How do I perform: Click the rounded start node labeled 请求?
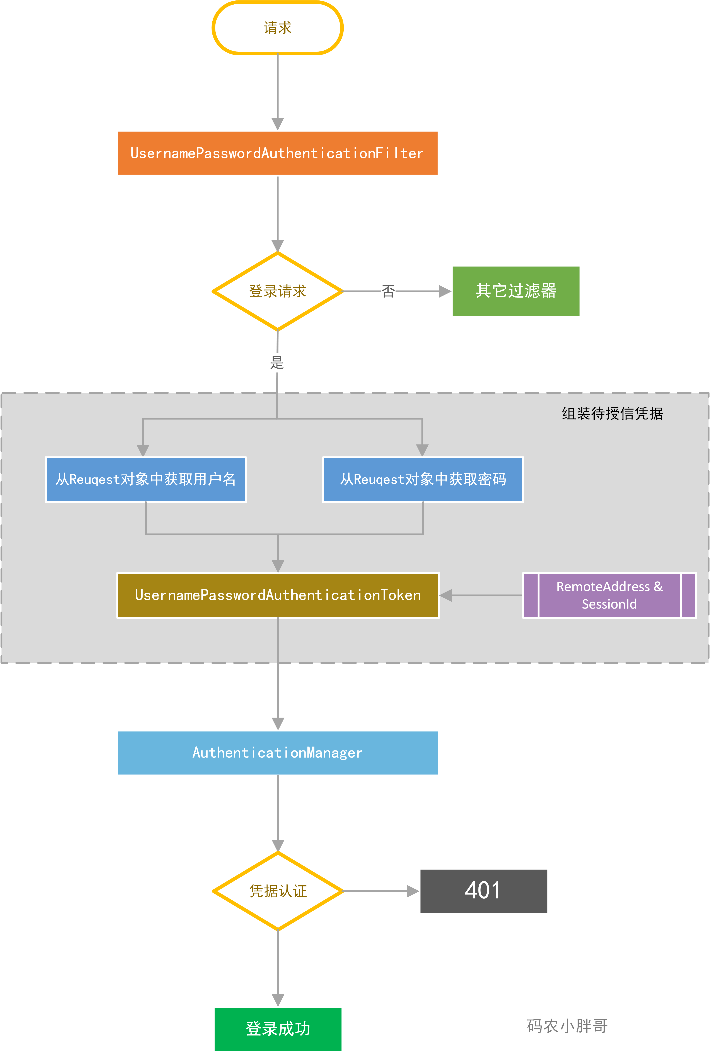click(x=278, y=28)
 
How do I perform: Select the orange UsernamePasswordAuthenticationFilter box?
click(x=278, y=153)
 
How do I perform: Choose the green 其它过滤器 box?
click(x=516, y=291)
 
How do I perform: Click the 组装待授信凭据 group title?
click(x=612, y=413)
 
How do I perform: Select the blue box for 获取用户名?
click(x=146, y=479)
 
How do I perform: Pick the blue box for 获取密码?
click(x=423, y=479)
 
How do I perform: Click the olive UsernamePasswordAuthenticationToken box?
click(x=278, y=595)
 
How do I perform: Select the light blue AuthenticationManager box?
click(x=278, y=752)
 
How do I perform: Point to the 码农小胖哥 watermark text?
click(x=567, y=1026)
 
